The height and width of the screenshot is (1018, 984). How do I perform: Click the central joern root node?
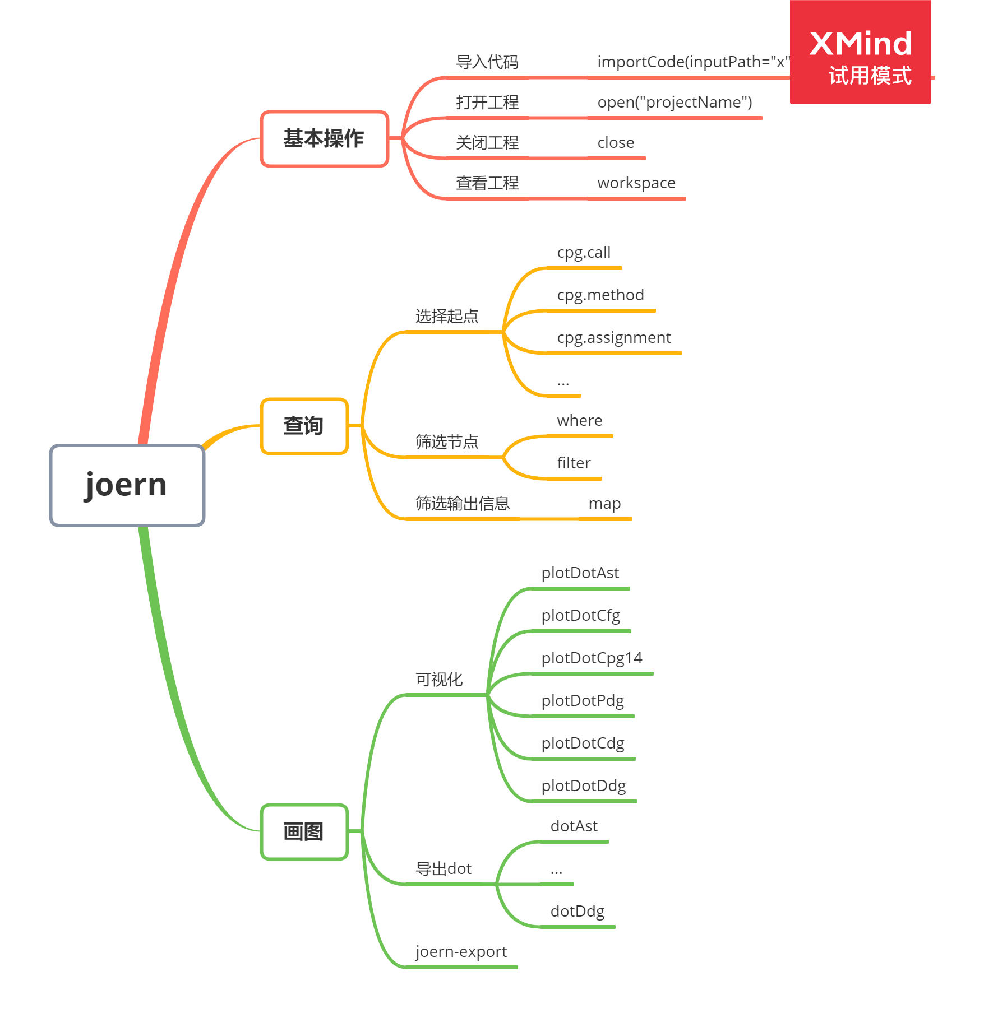coord(127,485)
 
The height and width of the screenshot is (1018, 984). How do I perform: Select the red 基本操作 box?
coord(324,138)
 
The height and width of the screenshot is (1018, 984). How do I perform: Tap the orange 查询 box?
coord(304,426)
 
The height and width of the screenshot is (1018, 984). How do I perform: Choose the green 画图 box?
coord(304,831)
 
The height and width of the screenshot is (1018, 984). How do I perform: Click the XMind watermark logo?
coord(860,52)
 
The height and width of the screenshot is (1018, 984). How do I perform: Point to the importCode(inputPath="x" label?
coord(693,62)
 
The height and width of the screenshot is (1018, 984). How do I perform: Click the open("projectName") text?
coord(675,103)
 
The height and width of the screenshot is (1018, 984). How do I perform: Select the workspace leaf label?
coord(636,183)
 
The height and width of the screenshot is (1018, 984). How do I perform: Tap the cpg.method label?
coord(600,295)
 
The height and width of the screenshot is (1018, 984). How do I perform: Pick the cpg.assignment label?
coord(614,338)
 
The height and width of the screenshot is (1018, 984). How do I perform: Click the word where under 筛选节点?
coord(580,421)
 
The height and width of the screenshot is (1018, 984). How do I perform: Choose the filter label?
coord(574,463)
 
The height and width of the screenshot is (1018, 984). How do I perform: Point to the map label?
coord(604,504)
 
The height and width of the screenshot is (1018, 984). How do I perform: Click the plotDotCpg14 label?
coord(592,658)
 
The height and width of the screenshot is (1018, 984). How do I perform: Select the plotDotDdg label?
coord(583,786)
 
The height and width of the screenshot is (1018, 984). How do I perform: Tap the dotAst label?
coord(574,826)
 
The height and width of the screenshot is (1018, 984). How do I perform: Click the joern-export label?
coord(461,952)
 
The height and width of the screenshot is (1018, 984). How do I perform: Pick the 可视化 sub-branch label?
coord(439,680)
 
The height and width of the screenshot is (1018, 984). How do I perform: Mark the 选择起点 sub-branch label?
coord(447,317)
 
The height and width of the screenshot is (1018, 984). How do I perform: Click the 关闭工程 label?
coord(487,143)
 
